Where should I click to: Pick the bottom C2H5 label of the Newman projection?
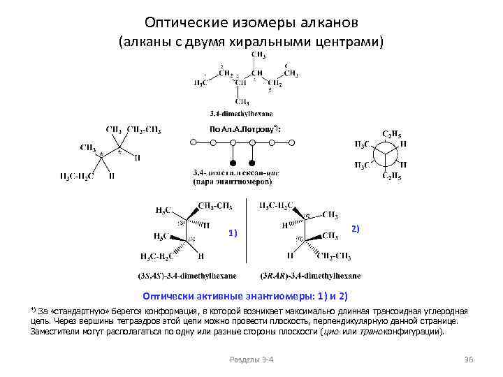click(x=391, y=176)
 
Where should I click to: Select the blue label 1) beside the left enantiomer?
click(x=233, y=233)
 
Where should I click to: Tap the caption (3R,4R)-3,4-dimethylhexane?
click(x=310, y=275)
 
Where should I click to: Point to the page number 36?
click(x=468, y=359)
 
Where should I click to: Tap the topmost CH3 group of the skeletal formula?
click(x=257, y=54)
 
